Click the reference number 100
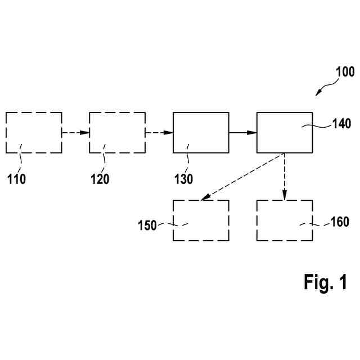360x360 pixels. coord(345,72)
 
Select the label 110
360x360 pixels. coord(16,179)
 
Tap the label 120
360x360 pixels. coord(100,179)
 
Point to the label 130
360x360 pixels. coord(183,179)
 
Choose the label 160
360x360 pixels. coord(339,222)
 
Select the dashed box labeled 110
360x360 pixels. coord(34,133)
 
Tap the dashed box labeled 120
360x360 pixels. coord(117,133)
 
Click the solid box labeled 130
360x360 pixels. coord(201,133)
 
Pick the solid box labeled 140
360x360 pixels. coord(285,133)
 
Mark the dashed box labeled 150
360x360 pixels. coord(201,220)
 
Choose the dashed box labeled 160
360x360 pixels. coord(285,220)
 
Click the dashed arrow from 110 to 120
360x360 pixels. coord(75,133)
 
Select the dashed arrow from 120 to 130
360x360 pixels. coord(159,133)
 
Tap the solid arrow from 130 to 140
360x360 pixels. coord(242,133)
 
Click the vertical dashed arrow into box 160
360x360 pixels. coord(285,176)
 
